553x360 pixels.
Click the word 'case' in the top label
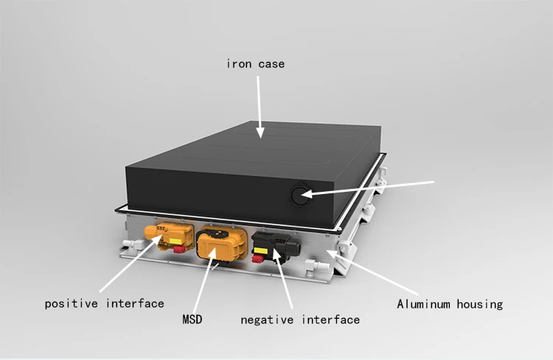[x=270, y=64]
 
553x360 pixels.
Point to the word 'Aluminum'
[x=425, y=303]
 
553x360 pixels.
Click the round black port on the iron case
[x=299, y=196]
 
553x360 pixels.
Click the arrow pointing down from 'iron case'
[x=259, y=103]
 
